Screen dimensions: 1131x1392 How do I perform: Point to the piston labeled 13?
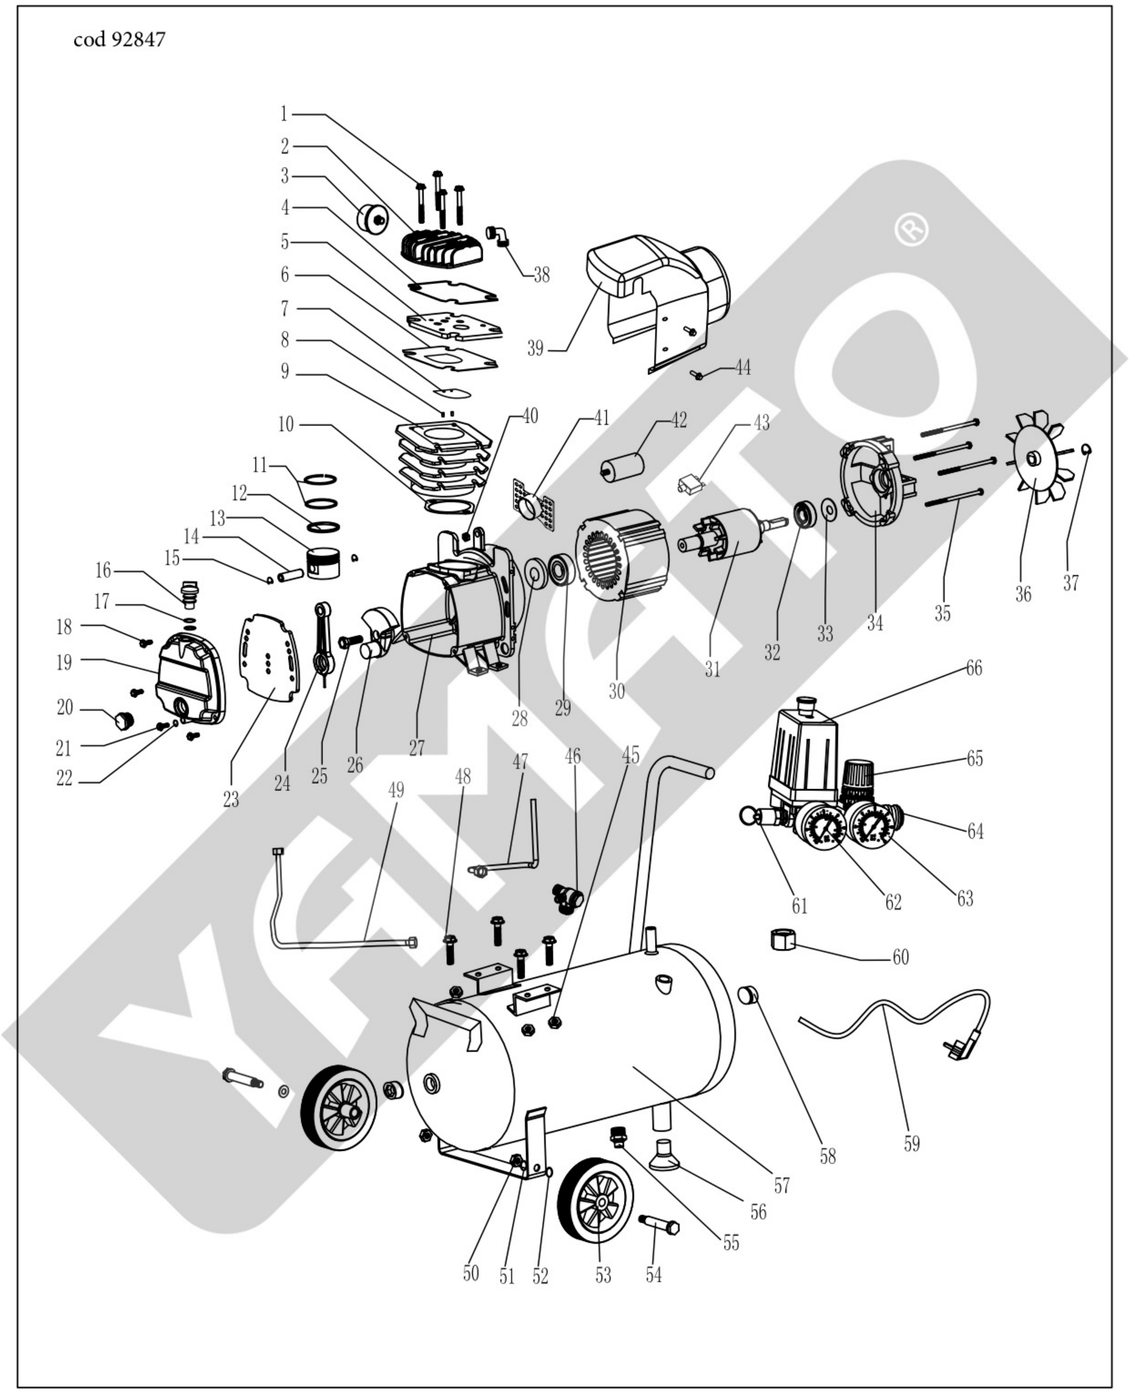point(324,561)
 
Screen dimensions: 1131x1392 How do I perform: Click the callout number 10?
point(286,425)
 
